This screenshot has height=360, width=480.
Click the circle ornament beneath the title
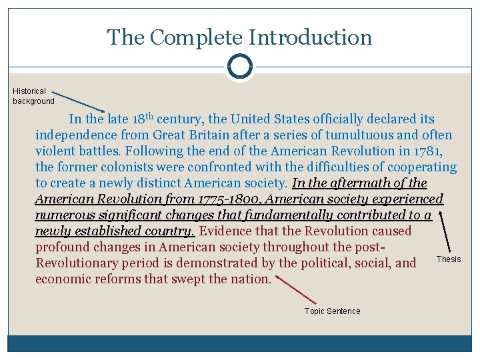239,67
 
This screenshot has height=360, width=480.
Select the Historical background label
33,96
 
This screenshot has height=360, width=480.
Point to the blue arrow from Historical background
78,101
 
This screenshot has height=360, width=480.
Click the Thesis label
448,259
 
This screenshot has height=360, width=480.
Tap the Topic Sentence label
332,311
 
